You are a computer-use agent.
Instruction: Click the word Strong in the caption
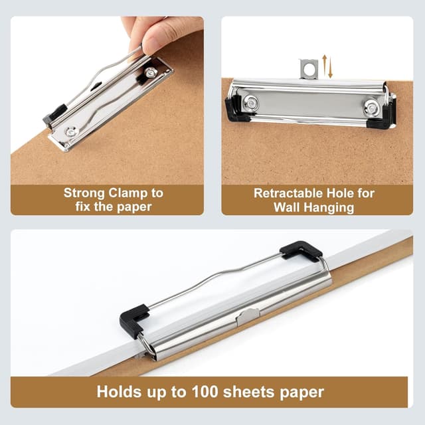84,193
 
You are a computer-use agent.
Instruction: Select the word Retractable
288,193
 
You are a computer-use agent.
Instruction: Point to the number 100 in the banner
205,392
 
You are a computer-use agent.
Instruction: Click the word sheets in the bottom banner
249,392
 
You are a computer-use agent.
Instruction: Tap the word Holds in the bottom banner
120,392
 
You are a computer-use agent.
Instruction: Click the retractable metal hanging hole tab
308,69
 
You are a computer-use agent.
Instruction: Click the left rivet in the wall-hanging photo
251,103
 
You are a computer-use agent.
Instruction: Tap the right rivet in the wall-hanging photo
372,108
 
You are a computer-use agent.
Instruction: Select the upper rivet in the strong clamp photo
151,72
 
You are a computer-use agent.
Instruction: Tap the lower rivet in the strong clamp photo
71,132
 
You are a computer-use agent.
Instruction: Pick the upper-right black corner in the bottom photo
301,250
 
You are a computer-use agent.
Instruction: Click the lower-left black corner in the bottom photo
133,320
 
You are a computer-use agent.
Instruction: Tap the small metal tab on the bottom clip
248,316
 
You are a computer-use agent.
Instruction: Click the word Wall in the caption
287,208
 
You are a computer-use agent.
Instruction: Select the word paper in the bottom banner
301,392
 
